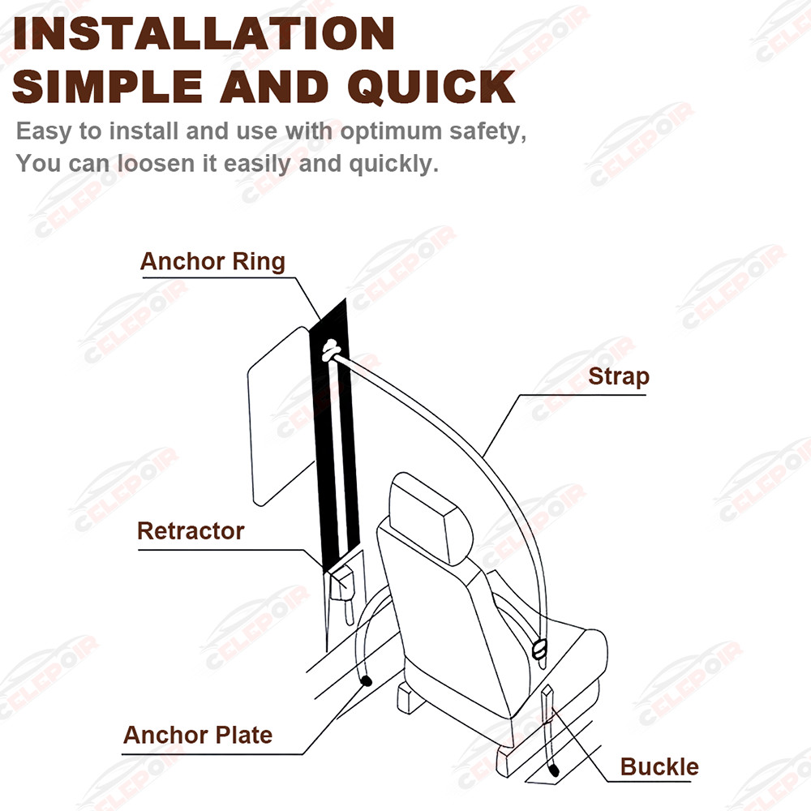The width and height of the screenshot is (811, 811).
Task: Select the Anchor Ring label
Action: (212, 262)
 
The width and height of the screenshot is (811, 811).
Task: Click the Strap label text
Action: (619, 376)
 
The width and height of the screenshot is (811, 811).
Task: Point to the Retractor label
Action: (191, 531)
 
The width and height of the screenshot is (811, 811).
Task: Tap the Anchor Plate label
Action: (198, 736)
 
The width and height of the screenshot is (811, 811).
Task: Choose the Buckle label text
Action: (659, 766)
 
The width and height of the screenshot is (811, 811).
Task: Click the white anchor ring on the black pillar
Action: (332, 351)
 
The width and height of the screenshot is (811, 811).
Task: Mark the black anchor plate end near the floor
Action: (367, 682)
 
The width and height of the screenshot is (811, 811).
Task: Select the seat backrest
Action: (454, 600)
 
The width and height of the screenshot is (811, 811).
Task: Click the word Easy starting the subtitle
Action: (45, 131)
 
